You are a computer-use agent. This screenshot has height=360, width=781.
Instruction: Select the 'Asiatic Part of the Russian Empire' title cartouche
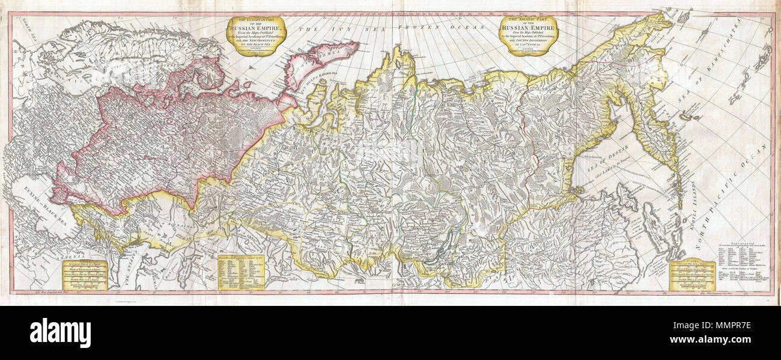[529, 35]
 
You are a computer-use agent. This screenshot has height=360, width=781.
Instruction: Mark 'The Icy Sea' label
[319, 29]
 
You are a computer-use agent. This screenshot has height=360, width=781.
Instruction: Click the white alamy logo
[60, 332]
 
